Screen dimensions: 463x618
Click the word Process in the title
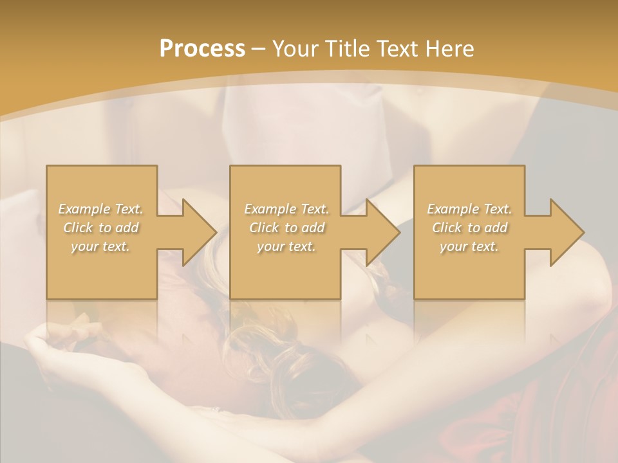pyautogui.click(x=202, y=49)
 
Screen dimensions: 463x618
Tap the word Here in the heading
pyautogui.click(x=451, y=49)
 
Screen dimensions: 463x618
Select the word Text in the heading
pyautogui.click(x=398, y=49)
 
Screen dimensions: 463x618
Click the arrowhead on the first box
pyautogui.click(x=196, y=232)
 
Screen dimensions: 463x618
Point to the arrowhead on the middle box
pyautogui.click(x=380, y=232)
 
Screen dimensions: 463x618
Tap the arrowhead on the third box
pyautogui.click(x=564, y=232)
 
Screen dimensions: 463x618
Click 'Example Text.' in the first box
pyautogui.click(x=100, y=209)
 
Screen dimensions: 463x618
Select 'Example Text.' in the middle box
pyautogui.click(x=286, y=209)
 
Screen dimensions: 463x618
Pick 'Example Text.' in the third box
pyautogui.click(x=469, y=209)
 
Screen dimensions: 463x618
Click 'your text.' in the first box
pyautogui.click(x=100, y=246)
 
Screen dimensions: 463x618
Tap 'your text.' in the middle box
pyautogui.click(x=286, y=246)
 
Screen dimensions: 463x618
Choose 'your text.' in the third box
pyautogui.click(x=469, y=246)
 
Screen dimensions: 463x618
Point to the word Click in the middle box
pyautogui.click(x=264, y=228)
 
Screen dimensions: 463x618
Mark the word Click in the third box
pyautogui.click(x=447, y=228)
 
